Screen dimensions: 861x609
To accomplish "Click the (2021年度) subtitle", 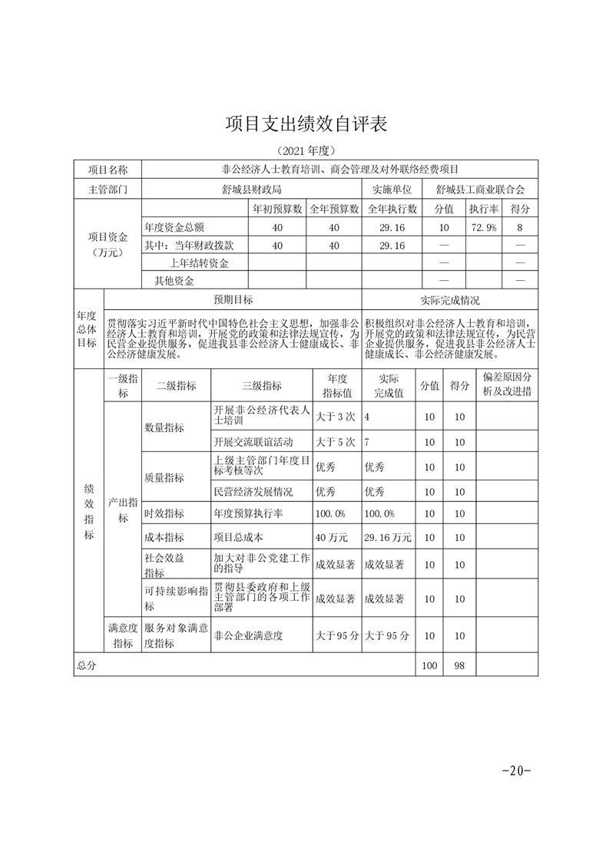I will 305,150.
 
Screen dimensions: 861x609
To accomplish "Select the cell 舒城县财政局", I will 251,189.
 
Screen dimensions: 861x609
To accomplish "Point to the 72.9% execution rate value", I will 483,228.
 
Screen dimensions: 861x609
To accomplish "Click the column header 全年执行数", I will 392,209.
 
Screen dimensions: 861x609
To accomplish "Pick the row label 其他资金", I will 174,281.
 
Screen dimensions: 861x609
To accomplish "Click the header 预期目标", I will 233,300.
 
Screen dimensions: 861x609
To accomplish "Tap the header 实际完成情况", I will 450,300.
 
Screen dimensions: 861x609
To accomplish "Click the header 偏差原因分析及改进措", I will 507,384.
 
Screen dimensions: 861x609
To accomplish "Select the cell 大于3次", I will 336,416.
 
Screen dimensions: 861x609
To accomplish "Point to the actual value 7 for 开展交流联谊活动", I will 368,443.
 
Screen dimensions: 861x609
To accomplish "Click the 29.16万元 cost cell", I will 388,538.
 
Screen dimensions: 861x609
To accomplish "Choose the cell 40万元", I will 332,538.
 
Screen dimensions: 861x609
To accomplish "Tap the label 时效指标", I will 164,513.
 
